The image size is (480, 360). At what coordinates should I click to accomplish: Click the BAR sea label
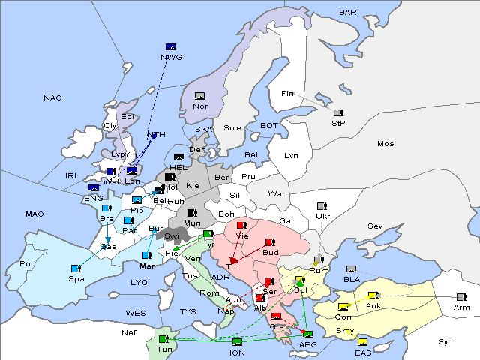point(348,12)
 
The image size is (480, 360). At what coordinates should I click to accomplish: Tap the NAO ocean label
point(53,97)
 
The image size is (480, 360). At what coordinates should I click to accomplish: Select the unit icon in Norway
point(200,95)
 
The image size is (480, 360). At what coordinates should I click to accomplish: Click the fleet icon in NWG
point(170,46)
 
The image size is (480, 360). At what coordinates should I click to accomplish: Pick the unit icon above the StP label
point(338,113)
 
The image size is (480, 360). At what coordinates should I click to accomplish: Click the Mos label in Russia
point(385,143)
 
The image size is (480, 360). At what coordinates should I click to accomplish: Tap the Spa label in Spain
point(76,278)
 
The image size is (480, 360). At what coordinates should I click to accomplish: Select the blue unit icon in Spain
point(76,268)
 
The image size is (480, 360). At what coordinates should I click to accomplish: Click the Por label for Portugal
point(28,264)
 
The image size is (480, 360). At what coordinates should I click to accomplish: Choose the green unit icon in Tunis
point(163,338)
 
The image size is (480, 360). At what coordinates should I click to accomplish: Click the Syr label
point(445,341)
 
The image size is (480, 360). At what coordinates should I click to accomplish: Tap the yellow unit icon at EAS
point(362,343)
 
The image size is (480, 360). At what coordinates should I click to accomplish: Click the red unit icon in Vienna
point(241,225)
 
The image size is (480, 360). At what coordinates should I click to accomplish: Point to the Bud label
point(271,252)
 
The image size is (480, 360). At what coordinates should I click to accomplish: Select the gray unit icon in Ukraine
point(322,206)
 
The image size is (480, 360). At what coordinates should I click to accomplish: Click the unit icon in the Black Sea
point(351,268)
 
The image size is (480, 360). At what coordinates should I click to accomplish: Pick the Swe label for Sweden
point(232,127)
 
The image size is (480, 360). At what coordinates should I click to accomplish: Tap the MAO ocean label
point(34,214)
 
